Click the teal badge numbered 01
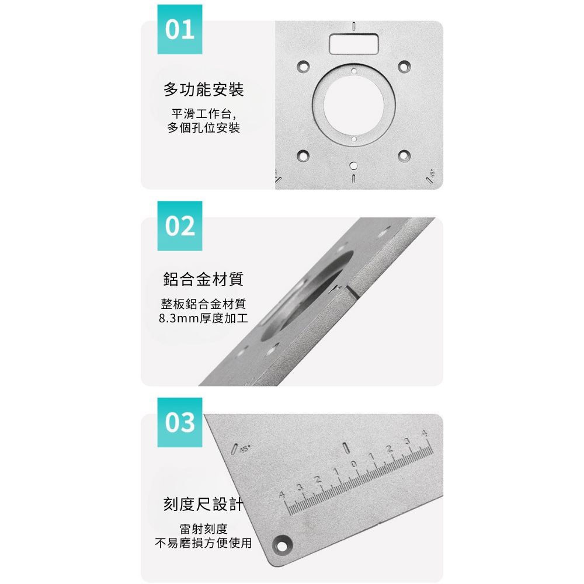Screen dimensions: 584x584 [179, 29]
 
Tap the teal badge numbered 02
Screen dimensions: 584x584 [179, 225]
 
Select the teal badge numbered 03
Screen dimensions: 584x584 [179, 422]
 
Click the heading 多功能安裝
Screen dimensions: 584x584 [203, 89]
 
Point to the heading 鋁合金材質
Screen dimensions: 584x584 [203, 279]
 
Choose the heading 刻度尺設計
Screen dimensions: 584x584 [203, 505]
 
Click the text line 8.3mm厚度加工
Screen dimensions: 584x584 [203, 318]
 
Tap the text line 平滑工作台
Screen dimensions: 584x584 [201, 114]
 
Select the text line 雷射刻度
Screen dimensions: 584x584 [203, 529]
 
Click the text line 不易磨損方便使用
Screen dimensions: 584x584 [203, 543]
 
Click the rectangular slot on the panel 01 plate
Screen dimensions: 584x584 [354, 44]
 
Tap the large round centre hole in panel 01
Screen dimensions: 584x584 [354, 105]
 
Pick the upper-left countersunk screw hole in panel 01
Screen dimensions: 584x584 [303, 67]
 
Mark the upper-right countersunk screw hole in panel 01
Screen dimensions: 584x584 [404, 67]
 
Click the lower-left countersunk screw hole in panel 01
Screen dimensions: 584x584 [303, 156]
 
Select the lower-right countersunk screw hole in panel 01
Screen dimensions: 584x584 [404, 156]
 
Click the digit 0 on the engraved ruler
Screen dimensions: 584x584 [353, 464]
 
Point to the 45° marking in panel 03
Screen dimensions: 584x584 [244, 449]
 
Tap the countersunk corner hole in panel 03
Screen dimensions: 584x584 [282, 545]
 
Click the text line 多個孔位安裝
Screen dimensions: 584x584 [203, 128]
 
